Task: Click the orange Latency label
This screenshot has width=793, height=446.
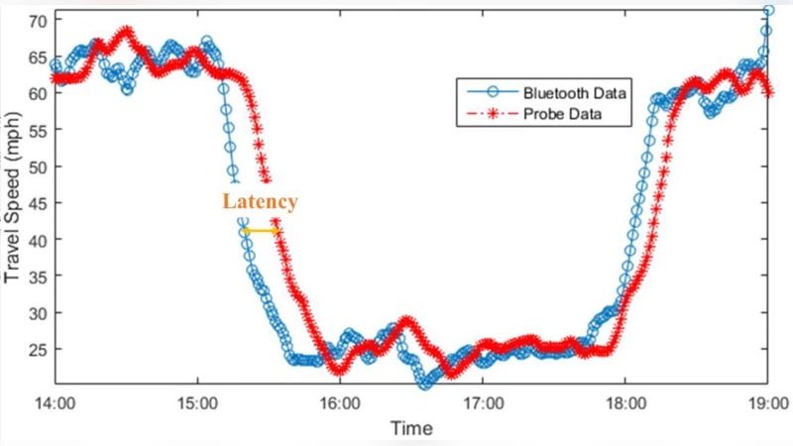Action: [x=259, y=201]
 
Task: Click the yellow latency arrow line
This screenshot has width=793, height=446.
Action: [x=262, y=231]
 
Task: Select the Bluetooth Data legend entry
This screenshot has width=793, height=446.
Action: [x=575, y=93]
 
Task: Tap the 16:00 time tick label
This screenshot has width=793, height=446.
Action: [x=339, y=404]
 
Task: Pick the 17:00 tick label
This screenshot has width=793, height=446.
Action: [x=482, y=404]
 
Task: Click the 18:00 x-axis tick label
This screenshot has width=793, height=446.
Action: [x=623, y=404]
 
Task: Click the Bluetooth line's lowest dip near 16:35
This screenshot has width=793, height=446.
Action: [x=425, y=383]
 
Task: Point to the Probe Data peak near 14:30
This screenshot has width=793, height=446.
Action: [x=126, y=33]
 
